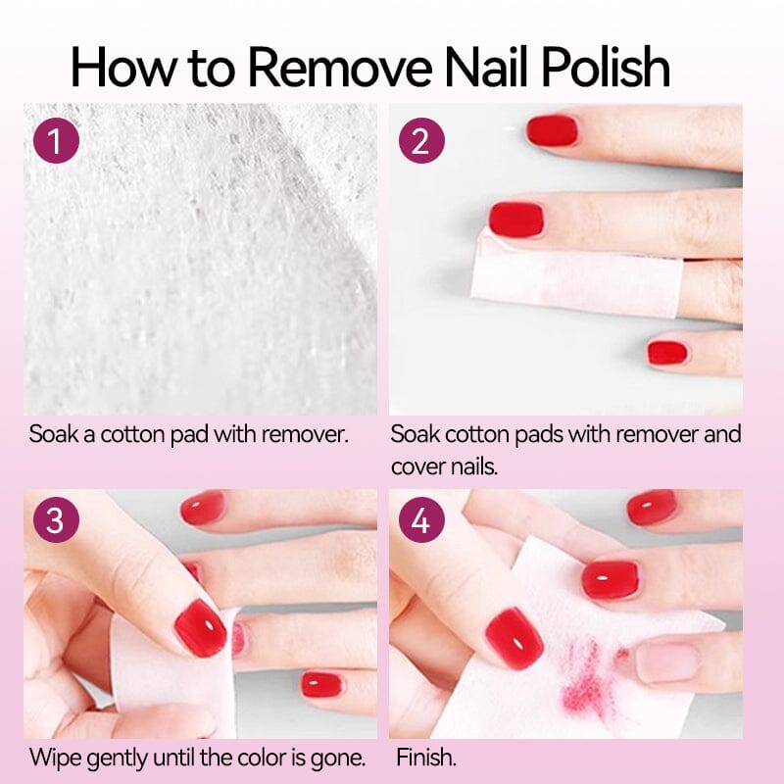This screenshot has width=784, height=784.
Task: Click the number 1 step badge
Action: [56, 142]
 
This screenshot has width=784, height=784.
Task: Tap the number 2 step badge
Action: [421, 142]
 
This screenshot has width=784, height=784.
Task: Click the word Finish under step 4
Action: [426, 757]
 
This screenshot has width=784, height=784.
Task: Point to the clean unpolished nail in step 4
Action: [666, 661]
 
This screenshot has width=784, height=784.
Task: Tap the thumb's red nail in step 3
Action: [200, 627]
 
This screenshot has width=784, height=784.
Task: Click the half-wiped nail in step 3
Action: [238, 639]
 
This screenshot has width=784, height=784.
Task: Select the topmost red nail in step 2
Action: [553, 130]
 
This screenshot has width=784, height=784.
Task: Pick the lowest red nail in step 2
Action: [667, 353]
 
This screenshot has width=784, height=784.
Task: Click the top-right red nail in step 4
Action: [652, 507]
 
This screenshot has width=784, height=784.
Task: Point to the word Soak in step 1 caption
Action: [51, 433]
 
